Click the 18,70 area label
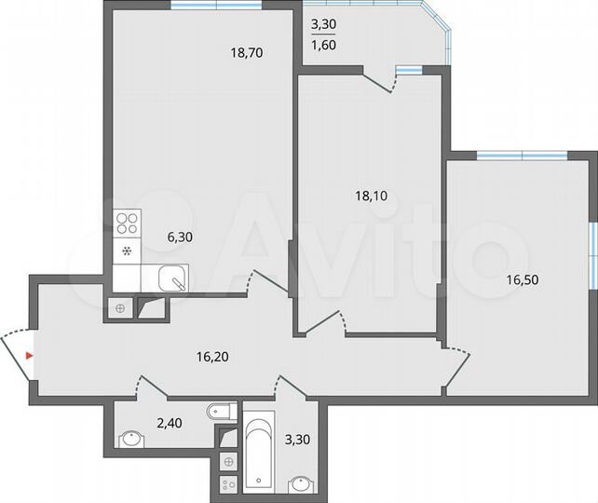click(x=247, y=53)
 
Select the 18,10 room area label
click(x=371, y=196)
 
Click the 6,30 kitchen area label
click(x=179, y=238)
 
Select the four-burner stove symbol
click(x=127, y=224)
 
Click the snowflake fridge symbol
click(x=127, y=250)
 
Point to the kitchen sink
click(x=171, y=278)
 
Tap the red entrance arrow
click(x=30, y=355)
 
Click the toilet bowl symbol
click(x=219, y=410)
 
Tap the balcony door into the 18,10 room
click(x=380, y=81)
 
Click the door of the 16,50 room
click(x=455, y=364)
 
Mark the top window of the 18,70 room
click(x=216, y=7)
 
